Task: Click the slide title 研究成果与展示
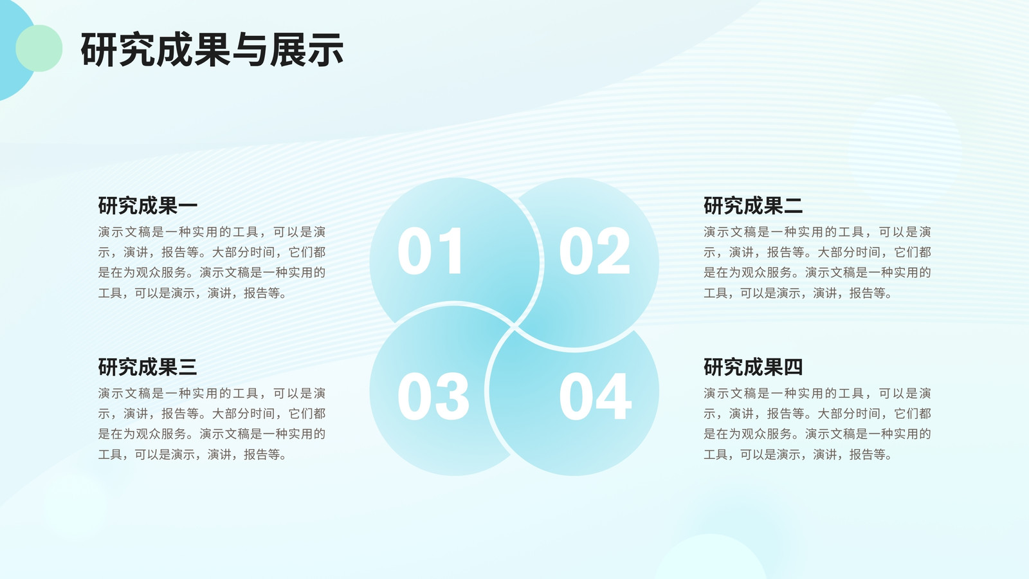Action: click(x=212, y=49)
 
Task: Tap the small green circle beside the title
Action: click(x=39, y=48)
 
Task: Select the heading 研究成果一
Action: click(x=148, y=205)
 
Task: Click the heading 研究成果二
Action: click(x=753, y=205)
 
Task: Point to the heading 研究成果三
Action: click(x=148, y=367)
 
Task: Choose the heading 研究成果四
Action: click(x=753, y=367)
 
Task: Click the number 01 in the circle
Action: click(x=430, y=251)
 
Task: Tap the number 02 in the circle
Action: click(x=594, y=251)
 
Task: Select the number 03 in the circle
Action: click(x=433, y=396)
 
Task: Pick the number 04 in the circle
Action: click(x=596, y=396)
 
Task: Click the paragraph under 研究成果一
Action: click(x=212, y=262)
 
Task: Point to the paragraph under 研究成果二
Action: click(x=817, y=262)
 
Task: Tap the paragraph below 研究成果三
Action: click(x=212, y=424)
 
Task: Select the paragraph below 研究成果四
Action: click(x=817, y=424)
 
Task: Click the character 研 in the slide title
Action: click(x=99, y=50)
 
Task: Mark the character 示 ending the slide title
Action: click(x=325, y=50)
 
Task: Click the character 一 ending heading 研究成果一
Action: click(x=188, y=205)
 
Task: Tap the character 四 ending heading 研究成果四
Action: click(x=794, y=367)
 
